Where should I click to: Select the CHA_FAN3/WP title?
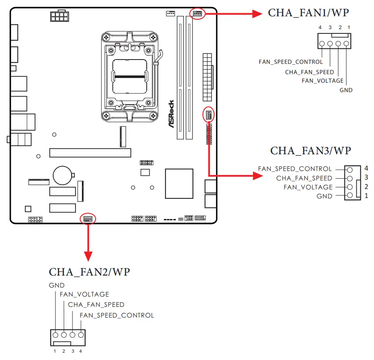pyautogui.click(x=311, y=151)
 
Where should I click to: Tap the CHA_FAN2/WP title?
pyautogui.click(x=89, y=272)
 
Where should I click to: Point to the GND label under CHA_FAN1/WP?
pyautogui.click(x=346, y=90)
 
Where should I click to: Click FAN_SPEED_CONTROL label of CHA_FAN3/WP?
pyautogui.click(x=295, y=169)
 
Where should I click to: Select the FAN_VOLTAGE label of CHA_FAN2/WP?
pyautogui.click(x=84, y=294)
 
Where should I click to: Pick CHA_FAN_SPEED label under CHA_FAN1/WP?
pyautogui.click(x=309, y=72)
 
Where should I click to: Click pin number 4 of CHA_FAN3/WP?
pyautogui.click(x=366, y=168)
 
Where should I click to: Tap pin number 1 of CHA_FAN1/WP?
pyautogui.click(x=349, y=27)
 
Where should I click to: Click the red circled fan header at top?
pyautogui.click(x=197, y=13)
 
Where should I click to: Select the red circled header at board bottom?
pyautogui.click(x=88, y=219)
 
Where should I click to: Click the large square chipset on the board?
pyautogui.click(x=179, y=183)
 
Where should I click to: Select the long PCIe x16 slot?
pyautogui.click(x=90, y=153)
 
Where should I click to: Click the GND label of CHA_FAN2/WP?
pyautogui.click(x=57, y=285)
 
